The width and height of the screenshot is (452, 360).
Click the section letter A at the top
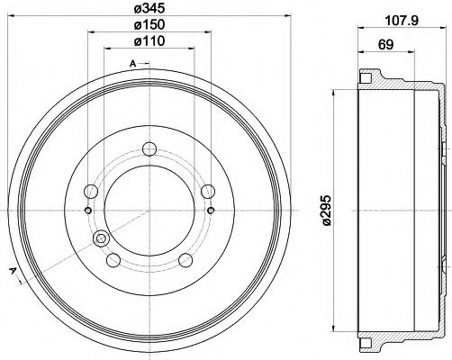133,63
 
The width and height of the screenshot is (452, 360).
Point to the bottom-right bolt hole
185,260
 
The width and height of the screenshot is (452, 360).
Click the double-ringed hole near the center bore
100,238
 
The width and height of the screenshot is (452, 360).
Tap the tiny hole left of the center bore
86,211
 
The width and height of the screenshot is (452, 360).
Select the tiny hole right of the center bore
211,211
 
